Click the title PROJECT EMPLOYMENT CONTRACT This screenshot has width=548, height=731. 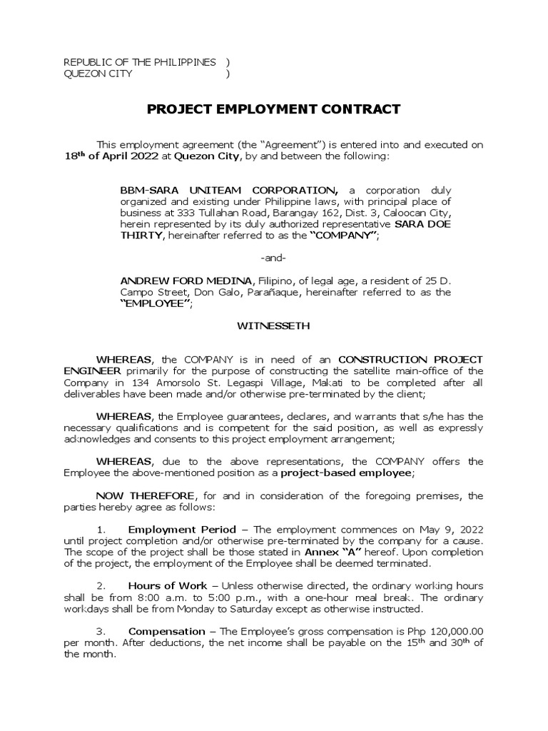[x=274, y=109]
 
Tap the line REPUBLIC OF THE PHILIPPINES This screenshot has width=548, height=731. [x=140, y=63]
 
